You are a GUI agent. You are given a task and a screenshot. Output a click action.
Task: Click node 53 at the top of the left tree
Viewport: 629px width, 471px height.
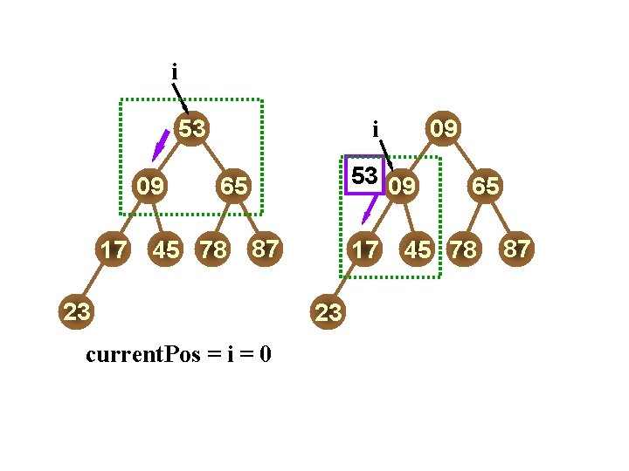tap(192, 129)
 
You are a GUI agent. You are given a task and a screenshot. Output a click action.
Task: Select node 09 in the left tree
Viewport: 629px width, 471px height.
tap(150, 185)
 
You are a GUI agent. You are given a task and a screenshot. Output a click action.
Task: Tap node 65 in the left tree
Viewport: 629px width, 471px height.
tap(233, 185)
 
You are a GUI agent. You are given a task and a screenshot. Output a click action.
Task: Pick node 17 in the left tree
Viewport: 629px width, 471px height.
tap(112, 249)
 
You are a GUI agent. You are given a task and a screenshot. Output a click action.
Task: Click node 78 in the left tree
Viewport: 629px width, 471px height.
tap(213, 249)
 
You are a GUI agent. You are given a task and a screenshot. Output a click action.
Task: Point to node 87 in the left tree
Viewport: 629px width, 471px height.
tap(265, 249)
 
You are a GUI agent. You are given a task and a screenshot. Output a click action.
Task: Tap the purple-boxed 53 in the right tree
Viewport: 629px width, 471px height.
tap(364, 175)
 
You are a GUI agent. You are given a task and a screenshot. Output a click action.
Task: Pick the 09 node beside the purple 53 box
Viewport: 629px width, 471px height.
tap(403, 185)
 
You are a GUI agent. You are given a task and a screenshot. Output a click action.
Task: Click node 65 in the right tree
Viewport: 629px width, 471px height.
tap(485, 185)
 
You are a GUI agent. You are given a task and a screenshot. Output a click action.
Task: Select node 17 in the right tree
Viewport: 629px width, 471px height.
tap(364, 249)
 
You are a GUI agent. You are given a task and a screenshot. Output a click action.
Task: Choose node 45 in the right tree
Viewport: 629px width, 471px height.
tap(418, 249)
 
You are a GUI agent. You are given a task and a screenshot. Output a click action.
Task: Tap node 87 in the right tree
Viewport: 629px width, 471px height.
tap(516, 249)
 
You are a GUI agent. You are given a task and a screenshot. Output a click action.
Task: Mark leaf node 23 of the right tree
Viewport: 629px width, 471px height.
tap(328, 313)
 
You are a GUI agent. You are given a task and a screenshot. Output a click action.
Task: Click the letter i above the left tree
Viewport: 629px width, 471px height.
tap(175, 71)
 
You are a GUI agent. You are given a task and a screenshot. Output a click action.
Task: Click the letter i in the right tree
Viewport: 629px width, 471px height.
tap(375, 130)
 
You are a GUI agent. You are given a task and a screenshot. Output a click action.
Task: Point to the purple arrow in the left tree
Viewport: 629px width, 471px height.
tap(160, 145)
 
